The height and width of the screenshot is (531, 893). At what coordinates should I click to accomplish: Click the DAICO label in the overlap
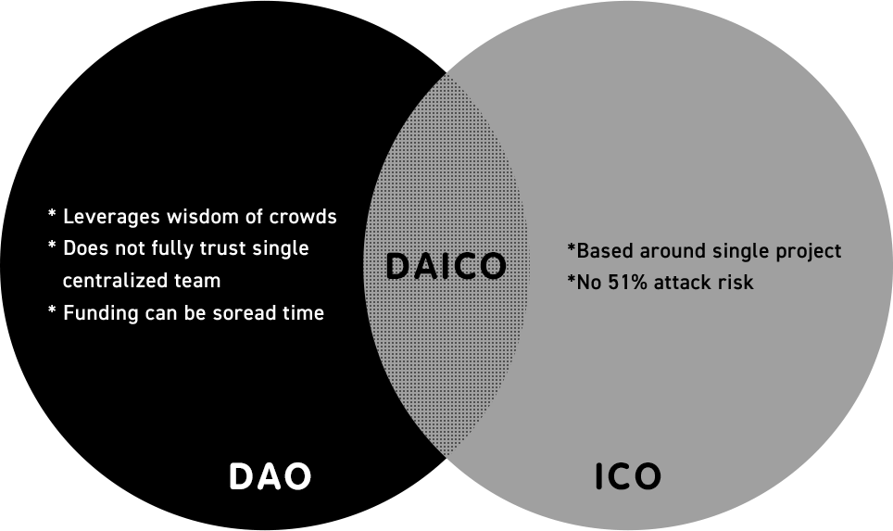tap(446, 267)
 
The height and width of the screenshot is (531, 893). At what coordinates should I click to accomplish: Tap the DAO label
tap(270, 477)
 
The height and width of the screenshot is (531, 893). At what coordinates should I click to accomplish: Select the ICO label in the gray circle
tap(627, 477)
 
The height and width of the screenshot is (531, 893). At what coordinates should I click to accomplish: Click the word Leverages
tap(110, 217)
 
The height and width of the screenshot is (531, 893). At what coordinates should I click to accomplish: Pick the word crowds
tap(303, 217)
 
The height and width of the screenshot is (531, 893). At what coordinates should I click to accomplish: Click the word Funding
tap(100, 313)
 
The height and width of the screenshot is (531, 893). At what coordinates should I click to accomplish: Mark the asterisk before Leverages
tap(52, 216)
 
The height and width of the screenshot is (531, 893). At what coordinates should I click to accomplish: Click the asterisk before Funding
tap(52, 312)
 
